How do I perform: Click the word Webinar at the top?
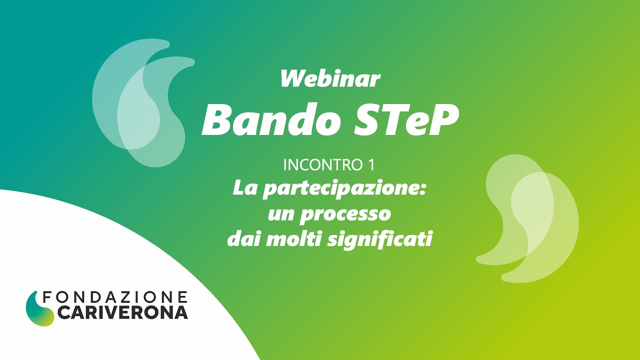click(x=330, y=79)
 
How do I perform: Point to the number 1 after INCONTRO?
click(x=371, y=164)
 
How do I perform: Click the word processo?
click(x=346, y=214)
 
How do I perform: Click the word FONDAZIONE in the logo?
click(x=115, y=297)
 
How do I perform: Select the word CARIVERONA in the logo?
click(x=122, y=313)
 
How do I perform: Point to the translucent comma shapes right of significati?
click(x=529, y=217)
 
